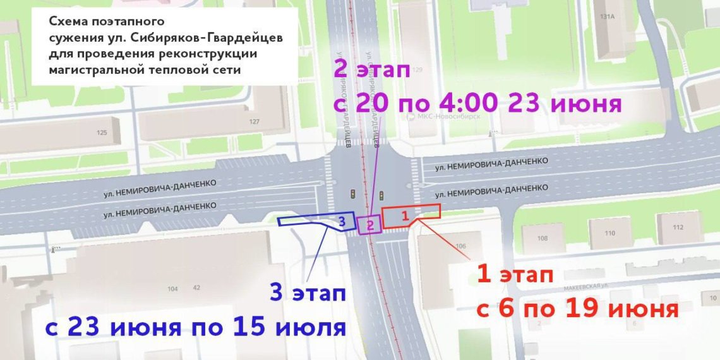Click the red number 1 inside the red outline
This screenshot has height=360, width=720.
(x=406, y=215)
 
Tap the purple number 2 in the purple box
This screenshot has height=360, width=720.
(x=370, y=224)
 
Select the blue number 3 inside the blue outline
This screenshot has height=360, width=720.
(x=341, y=221)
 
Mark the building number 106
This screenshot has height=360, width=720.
(x=460, y=246)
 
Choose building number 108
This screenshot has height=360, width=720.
(x=542, y=238)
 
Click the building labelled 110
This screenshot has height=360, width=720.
(x=609, y=233)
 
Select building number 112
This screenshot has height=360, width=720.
(x=678, y=227)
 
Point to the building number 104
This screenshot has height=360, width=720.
(x=172, y=289)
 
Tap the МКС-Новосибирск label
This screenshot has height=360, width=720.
(x=448, y=116)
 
